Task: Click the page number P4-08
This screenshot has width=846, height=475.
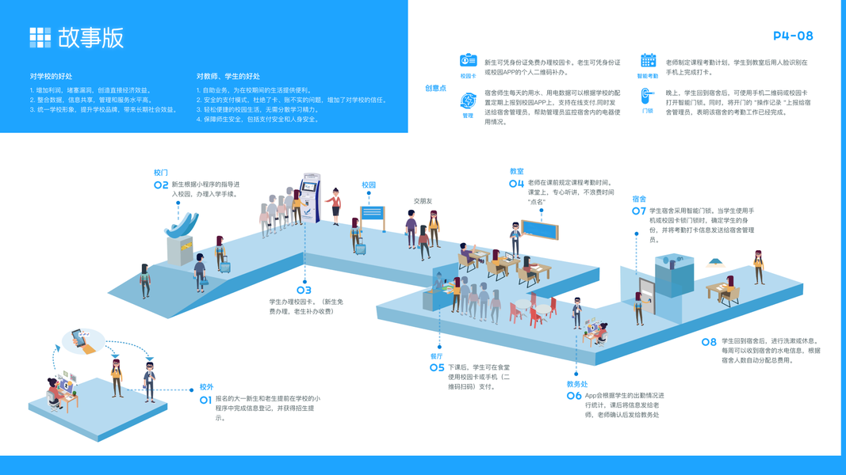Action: (793, 36)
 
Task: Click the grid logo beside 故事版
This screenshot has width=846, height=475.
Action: (40, 37)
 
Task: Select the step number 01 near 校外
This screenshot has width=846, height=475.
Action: (205, 400)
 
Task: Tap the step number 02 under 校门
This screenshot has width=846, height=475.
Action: (161, 185)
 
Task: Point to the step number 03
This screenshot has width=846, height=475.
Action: (304, 291)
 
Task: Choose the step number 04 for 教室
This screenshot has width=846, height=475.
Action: (516, 184)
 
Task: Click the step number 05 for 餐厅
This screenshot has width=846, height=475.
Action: (437, 368)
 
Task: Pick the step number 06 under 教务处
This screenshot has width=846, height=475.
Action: (574, 396)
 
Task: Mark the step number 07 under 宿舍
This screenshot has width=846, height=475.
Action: (639, 211)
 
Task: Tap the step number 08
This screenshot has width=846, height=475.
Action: (709, 343)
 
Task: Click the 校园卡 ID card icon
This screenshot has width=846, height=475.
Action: (468, 62)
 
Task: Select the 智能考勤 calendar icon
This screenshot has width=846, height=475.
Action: (648, 61)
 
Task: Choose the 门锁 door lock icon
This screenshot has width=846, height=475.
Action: (647, 96)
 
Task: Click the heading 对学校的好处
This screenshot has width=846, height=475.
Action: (51, 76)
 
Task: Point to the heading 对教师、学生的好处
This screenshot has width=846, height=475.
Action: (228, 76)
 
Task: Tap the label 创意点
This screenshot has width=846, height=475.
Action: (435, 88)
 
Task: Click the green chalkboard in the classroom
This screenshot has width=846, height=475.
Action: (540, 230)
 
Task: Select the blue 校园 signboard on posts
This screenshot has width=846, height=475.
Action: (372, 213)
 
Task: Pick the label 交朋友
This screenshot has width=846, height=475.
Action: (423, 201)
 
